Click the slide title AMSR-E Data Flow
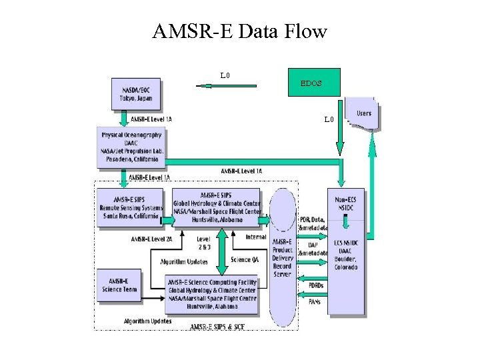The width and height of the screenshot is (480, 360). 240,31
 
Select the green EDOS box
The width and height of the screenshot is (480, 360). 314,83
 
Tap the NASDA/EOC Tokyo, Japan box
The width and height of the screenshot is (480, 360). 136,94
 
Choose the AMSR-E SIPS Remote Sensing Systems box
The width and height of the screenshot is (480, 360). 129,207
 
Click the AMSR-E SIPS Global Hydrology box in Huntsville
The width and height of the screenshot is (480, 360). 216,207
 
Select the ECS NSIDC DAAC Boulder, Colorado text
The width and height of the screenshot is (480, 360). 346,255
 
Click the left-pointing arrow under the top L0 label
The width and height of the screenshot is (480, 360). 227,85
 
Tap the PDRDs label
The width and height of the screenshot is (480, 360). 316,285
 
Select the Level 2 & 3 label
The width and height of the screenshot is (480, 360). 204,243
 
